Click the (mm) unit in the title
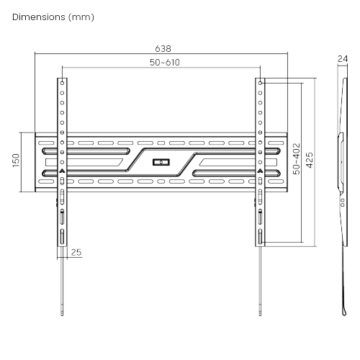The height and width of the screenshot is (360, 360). [81, 16]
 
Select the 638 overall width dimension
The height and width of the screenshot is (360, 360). [163, 48]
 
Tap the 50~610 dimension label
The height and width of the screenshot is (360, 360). [164, 63]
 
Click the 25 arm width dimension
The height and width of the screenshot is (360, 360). [76, 252]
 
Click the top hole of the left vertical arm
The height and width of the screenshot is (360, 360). [62, 82]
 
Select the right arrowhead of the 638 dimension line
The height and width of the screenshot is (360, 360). [286, 54]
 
